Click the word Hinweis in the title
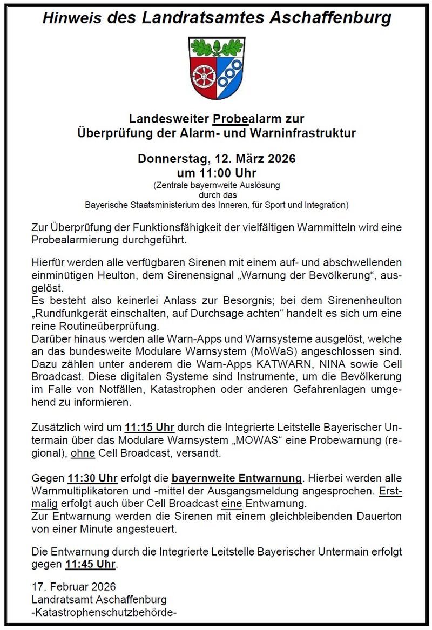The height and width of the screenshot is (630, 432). tap(73, 18)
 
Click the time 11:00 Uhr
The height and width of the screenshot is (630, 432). tap(217, 173)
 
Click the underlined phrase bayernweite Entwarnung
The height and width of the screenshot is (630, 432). tap(237, 478)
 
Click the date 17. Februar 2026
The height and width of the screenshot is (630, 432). tap(73, 587)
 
